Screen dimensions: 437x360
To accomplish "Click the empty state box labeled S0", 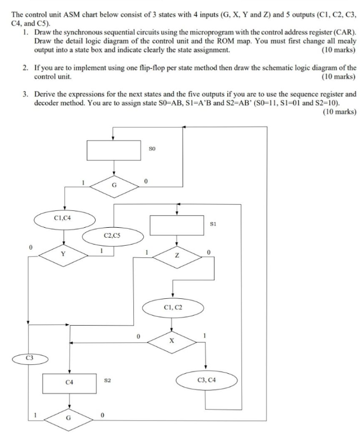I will click(114, 149).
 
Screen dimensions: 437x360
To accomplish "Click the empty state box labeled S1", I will click(177, 225).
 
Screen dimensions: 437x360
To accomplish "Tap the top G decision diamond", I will click(114, 185).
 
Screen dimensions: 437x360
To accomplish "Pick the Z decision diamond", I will click(177, 256).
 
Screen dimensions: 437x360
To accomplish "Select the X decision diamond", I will click(171, 340).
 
